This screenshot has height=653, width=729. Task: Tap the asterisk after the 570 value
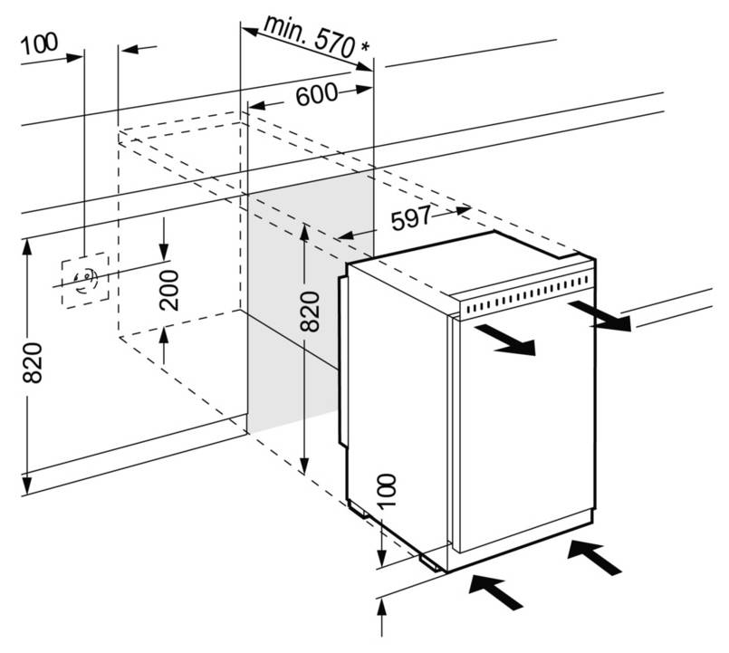click(366, 47)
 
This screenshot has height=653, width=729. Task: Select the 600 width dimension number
click(317, 94)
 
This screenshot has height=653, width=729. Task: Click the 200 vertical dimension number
click(168, 290)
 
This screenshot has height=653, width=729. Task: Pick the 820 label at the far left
click(33, 363)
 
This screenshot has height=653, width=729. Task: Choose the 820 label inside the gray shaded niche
click(310, 311)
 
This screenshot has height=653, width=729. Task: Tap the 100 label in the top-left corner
click(40, 44)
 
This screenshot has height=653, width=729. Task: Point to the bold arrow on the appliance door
click(505, 340)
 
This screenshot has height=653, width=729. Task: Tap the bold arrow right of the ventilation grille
click(600, 316)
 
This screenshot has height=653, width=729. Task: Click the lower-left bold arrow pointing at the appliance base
click(496, 591)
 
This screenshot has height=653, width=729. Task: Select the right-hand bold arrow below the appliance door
click(595, 557)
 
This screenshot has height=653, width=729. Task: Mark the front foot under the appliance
click(430, 562)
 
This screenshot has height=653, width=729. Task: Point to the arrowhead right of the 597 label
click(463, 210)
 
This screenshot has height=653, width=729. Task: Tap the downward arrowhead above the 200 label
click(164, 252)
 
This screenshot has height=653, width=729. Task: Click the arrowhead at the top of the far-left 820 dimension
click(27, 247)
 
